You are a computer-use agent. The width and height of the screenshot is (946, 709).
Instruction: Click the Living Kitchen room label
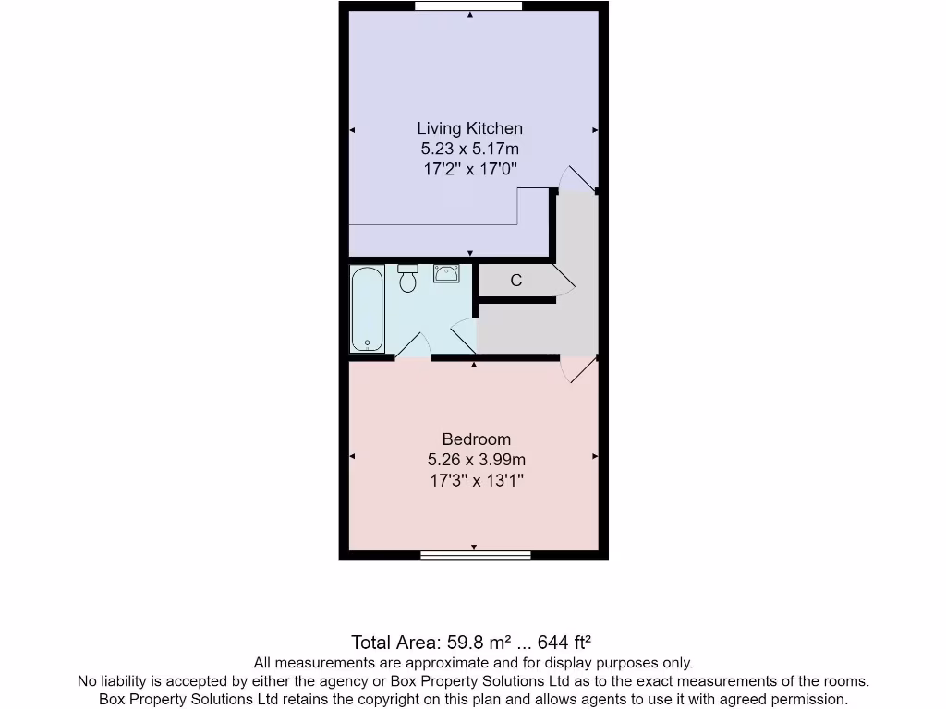469,128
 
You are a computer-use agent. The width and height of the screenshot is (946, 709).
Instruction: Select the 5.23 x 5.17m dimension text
469,149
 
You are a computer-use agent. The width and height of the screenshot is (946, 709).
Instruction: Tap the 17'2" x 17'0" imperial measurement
469,169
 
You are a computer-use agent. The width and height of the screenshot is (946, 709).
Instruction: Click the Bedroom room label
476,439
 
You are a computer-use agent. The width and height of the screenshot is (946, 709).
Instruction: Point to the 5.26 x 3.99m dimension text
476,460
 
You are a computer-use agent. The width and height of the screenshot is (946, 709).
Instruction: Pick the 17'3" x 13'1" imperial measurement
476,480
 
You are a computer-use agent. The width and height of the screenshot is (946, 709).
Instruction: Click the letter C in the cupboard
516,281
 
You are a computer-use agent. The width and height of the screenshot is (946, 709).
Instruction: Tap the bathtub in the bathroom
367,308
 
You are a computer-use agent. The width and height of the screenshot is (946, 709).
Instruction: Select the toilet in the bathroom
407,278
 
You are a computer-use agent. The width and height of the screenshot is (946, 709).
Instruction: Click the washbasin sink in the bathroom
447,273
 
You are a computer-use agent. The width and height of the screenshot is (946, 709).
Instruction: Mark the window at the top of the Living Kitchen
468,6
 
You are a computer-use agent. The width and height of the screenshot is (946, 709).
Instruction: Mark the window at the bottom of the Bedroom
475,555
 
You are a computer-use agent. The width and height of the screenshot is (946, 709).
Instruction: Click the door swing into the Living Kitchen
579,178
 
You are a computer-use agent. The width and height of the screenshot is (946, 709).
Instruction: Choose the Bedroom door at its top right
579,368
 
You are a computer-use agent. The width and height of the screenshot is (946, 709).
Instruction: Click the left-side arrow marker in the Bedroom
353,456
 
